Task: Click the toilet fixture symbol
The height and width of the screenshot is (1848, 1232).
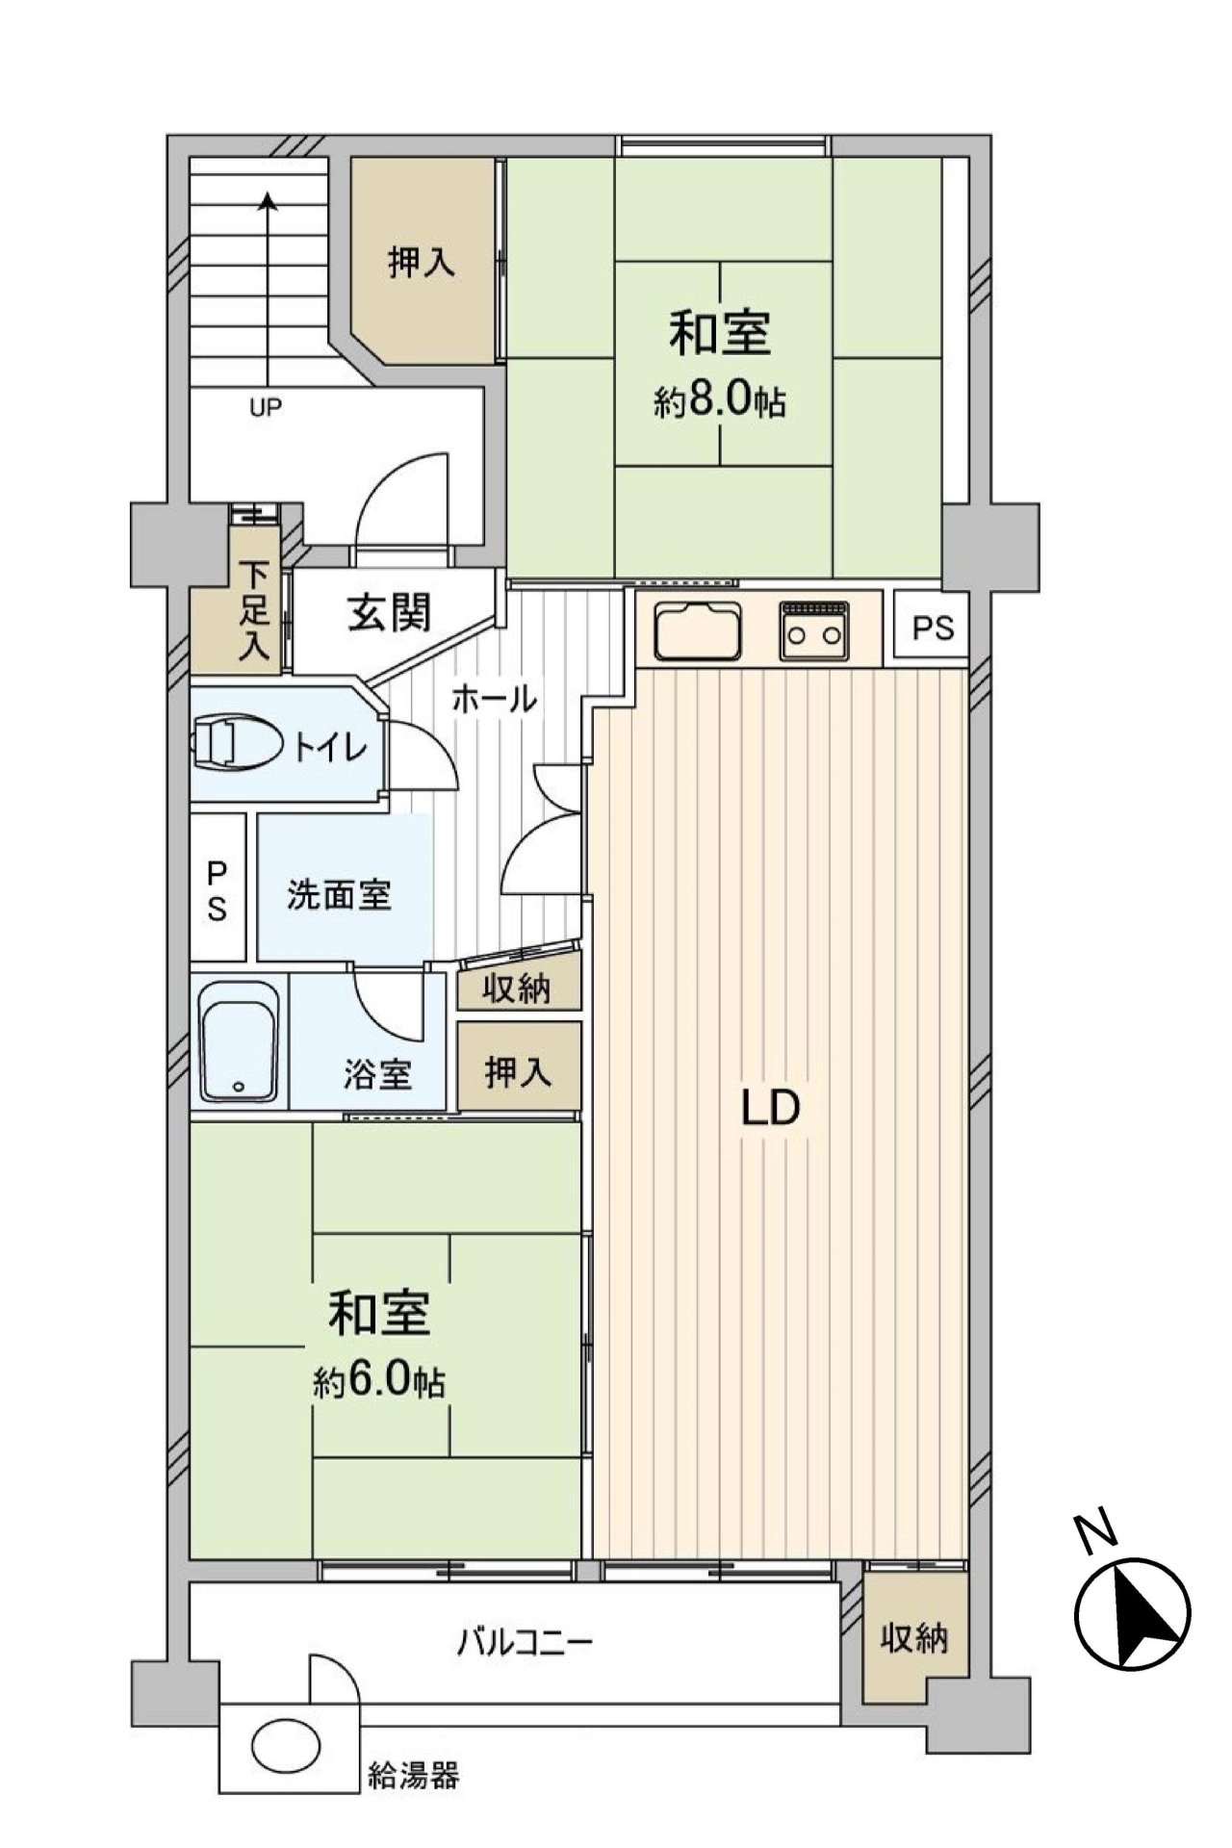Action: point(236,744)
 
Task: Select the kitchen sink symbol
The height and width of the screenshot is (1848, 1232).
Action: point(699,632)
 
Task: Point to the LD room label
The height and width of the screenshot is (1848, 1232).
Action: point(770,1109)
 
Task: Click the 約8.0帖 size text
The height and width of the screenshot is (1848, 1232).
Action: point(720,401)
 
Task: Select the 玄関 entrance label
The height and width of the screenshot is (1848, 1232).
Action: point(389,613)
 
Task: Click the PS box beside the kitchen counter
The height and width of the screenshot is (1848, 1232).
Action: point(933,628)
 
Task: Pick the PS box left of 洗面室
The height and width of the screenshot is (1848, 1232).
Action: point(218,889)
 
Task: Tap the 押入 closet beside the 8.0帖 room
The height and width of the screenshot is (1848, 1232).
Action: point(421,262)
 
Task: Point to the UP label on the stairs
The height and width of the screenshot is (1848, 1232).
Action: point(266,407)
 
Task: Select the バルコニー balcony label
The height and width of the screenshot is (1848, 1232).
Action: point(525,1639)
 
